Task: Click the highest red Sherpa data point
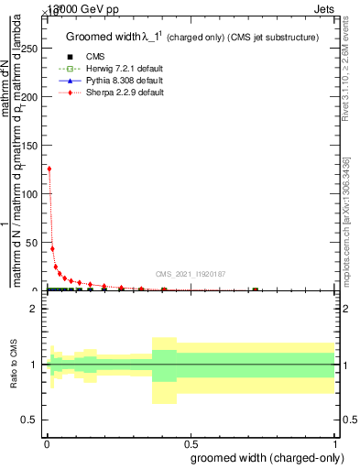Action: (49, 169)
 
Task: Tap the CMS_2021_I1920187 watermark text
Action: (190, 273)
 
